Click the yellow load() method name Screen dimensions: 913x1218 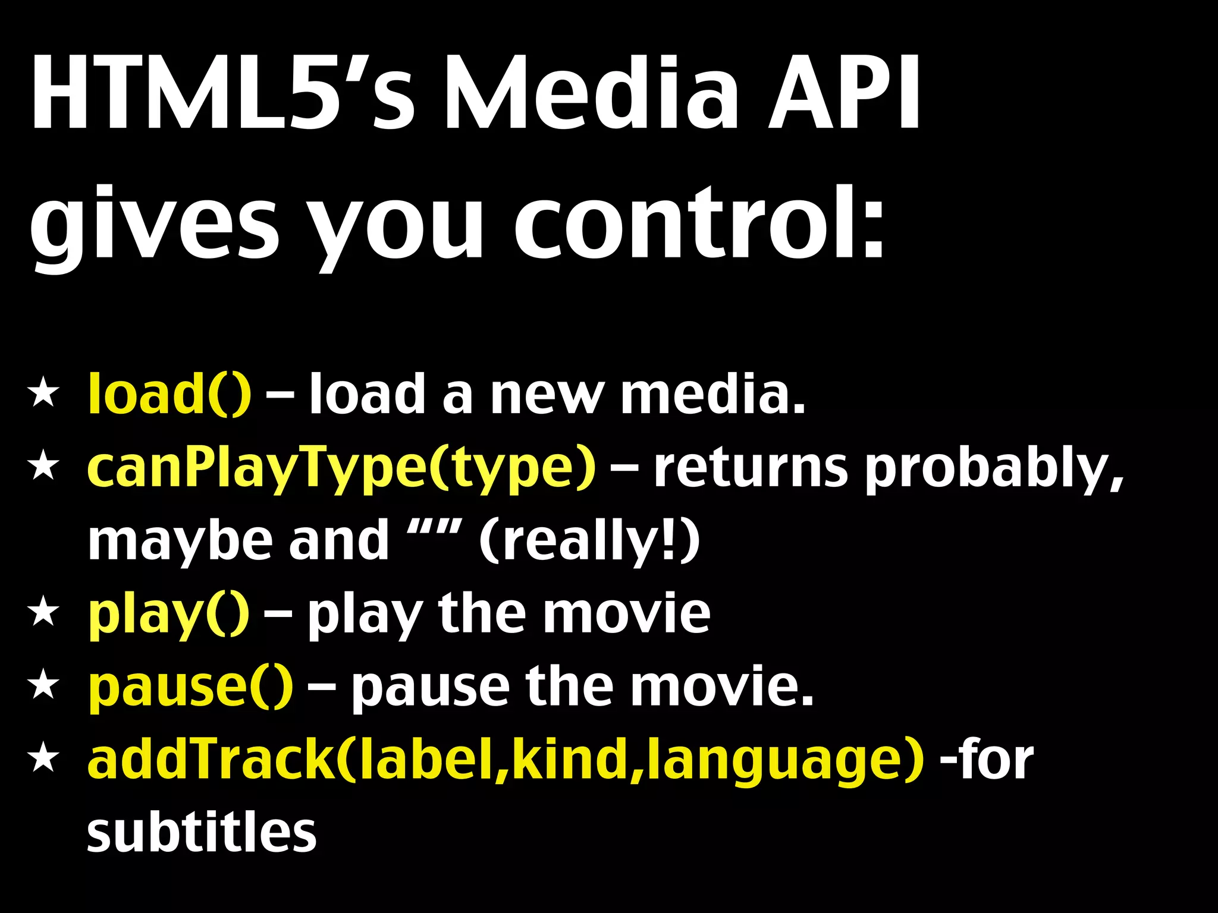169,394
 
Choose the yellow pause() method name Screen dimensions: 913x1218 190,687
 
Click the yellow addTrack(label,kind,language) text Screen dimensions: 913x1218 506,761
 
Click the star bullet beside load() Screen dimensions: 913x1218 44,395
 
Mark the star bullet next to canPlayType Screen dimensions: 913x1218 44,467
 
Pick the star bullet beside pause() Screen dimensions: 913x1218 44,686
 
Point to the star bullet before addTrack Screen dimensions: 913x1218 44,760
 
